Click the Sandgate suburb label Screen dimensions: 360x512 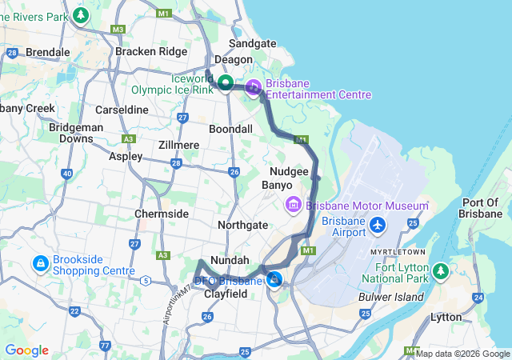click(252, 43)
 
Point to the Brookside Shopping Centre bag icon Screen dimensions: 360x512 click(39, 262)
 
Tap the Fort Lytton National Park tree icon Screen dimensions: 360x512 click(441, 272)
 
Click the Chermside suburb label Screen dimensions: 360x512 click(162, 214)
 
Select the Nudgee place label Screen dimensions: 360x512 click(289, 171)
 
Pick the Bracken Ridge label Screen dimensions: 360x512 click(151, 51)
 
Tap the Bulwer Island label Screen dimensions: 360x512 click(396, 297)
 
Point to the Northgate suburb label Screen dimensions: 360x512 click(243, 226)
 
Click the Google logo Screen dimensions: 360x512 click(26, 350)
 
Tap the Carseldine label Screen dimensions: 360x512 click(122, 109)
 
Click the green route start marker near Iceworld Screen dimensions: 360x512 click(226, 82)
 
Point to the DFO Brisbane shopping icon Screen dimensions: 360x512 click(274, 279)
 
